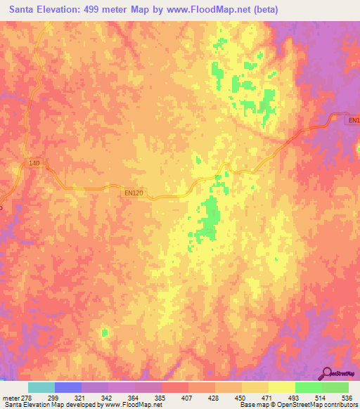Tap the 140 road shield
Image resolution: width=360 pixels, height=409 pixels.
click(34, 163)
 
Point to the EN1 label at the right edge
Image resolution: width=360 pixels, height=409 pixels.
click(354, 121)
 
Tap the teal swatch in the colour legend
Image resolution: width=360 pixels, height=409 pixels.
click(41, 388)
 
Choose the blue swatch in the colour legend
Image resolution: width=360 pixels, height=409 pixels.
click(67, 388)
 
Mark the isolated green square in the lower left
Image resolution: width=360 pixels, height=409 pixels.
click(105, 332)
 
